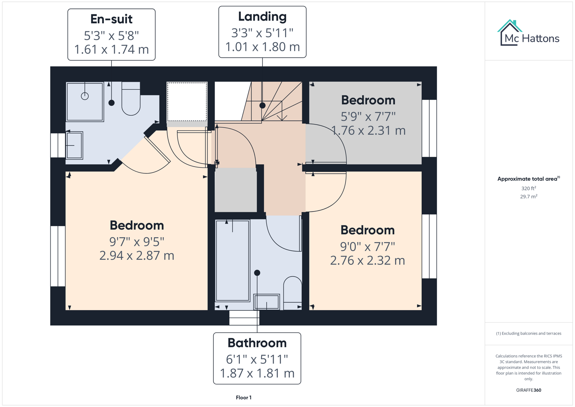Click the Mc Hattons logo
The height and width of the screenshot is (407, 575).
[x=528, y=34]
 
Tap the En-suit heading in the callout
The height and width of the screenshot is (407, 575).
[x=111, y=19]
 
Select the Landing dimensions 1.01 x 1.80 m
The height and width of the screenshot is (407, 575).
[x=262, y=47]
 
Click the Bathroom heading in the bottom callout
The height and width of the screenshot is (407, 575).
[x=257, y=343]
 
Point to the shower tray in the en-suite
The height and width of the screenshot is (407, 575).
[x=85, y=101]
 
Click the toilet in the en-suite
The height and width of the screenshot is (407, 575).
[x=131, y=99]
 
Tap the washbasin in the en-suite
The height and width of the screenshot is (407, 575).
[x=74, y=145]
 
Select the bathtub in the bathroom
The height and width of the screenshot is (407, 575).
[x=232, y=260]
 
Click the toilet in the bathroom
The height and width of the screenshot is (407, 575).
[x=293, y=291]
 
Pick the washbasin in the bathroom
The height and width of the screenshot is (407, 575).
[x=267, y=302]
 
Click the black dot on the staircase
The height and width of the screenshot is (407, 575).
[x=262, y=106]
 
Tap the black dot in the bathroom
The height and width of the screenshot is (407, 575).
[x=257, y=272]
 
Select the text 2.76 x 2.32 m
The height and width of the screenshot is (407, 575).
[x=368, y=260]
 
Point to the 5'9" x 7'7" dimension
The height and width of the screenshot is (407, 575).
[x=368, y=116]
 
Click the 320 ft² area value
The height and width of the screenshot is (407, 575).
[x=529, y=188]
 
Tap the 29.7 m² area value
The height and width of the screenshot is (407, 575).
[x=529, y=196]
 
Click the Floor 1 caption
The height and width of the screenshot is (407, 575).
[x=244, y=398]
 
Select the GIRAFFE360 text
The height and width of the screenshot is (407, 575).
[x=529, y=390]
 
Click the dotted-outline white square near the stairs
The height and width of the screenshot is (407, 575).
[x=187, y=102]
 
